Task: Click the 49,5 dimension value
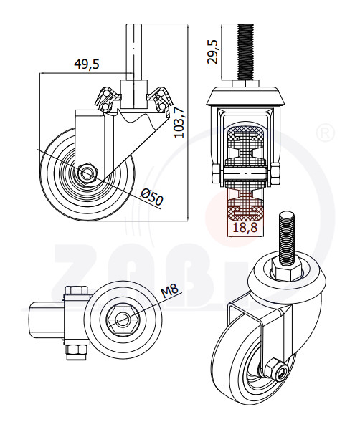pos(87,64)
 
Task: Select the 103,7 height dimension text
pos(179,123)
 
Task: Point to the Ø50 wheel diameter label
pos(151,197)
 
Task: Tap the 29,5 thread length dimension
pos(212,52)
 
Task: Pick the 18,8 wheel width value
pos(245,228)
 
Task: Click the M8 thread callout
pos(170,292)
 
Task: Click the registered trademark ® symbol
pos(326,133)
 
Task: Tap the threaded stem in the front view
pos(246,52)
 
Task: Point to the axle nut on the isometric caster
pos(274,370)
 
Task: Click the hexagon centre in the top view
pos(122,319)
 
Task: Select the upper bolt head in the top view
pos(76,290)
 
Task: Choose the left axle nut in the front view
pos(217,173)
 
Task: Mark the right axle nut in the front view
pos(275,173)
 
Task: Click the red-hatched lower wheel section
pos(245,203)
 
